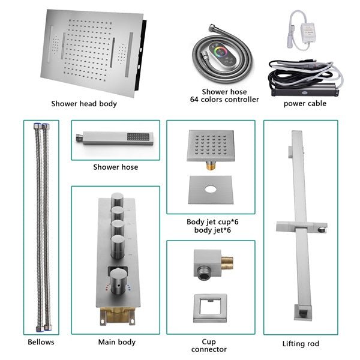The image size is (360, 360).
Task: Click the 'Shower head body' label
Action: click(x=83, y=104)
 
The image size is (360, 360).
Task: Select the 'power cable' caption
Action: click(x=305, y=103)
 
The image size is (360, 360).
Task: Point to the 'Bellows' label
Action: click(x=41, y=342)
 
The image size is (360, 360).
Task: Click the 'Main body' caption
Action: click(x=116, y=342)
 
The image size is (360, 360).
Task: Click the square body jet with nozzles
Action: click(x=211, y=147)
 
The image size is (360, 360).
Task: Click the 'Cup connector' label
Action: click(x=209, y=344)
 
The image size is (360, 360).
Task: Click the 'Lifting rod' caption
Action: click(x=301, y=344)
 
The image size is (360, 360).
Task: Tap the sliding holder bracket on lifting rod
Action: click(x=300, y=227)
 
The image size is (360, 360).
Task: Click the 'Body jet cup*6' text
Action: click(x=210, y=221)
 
